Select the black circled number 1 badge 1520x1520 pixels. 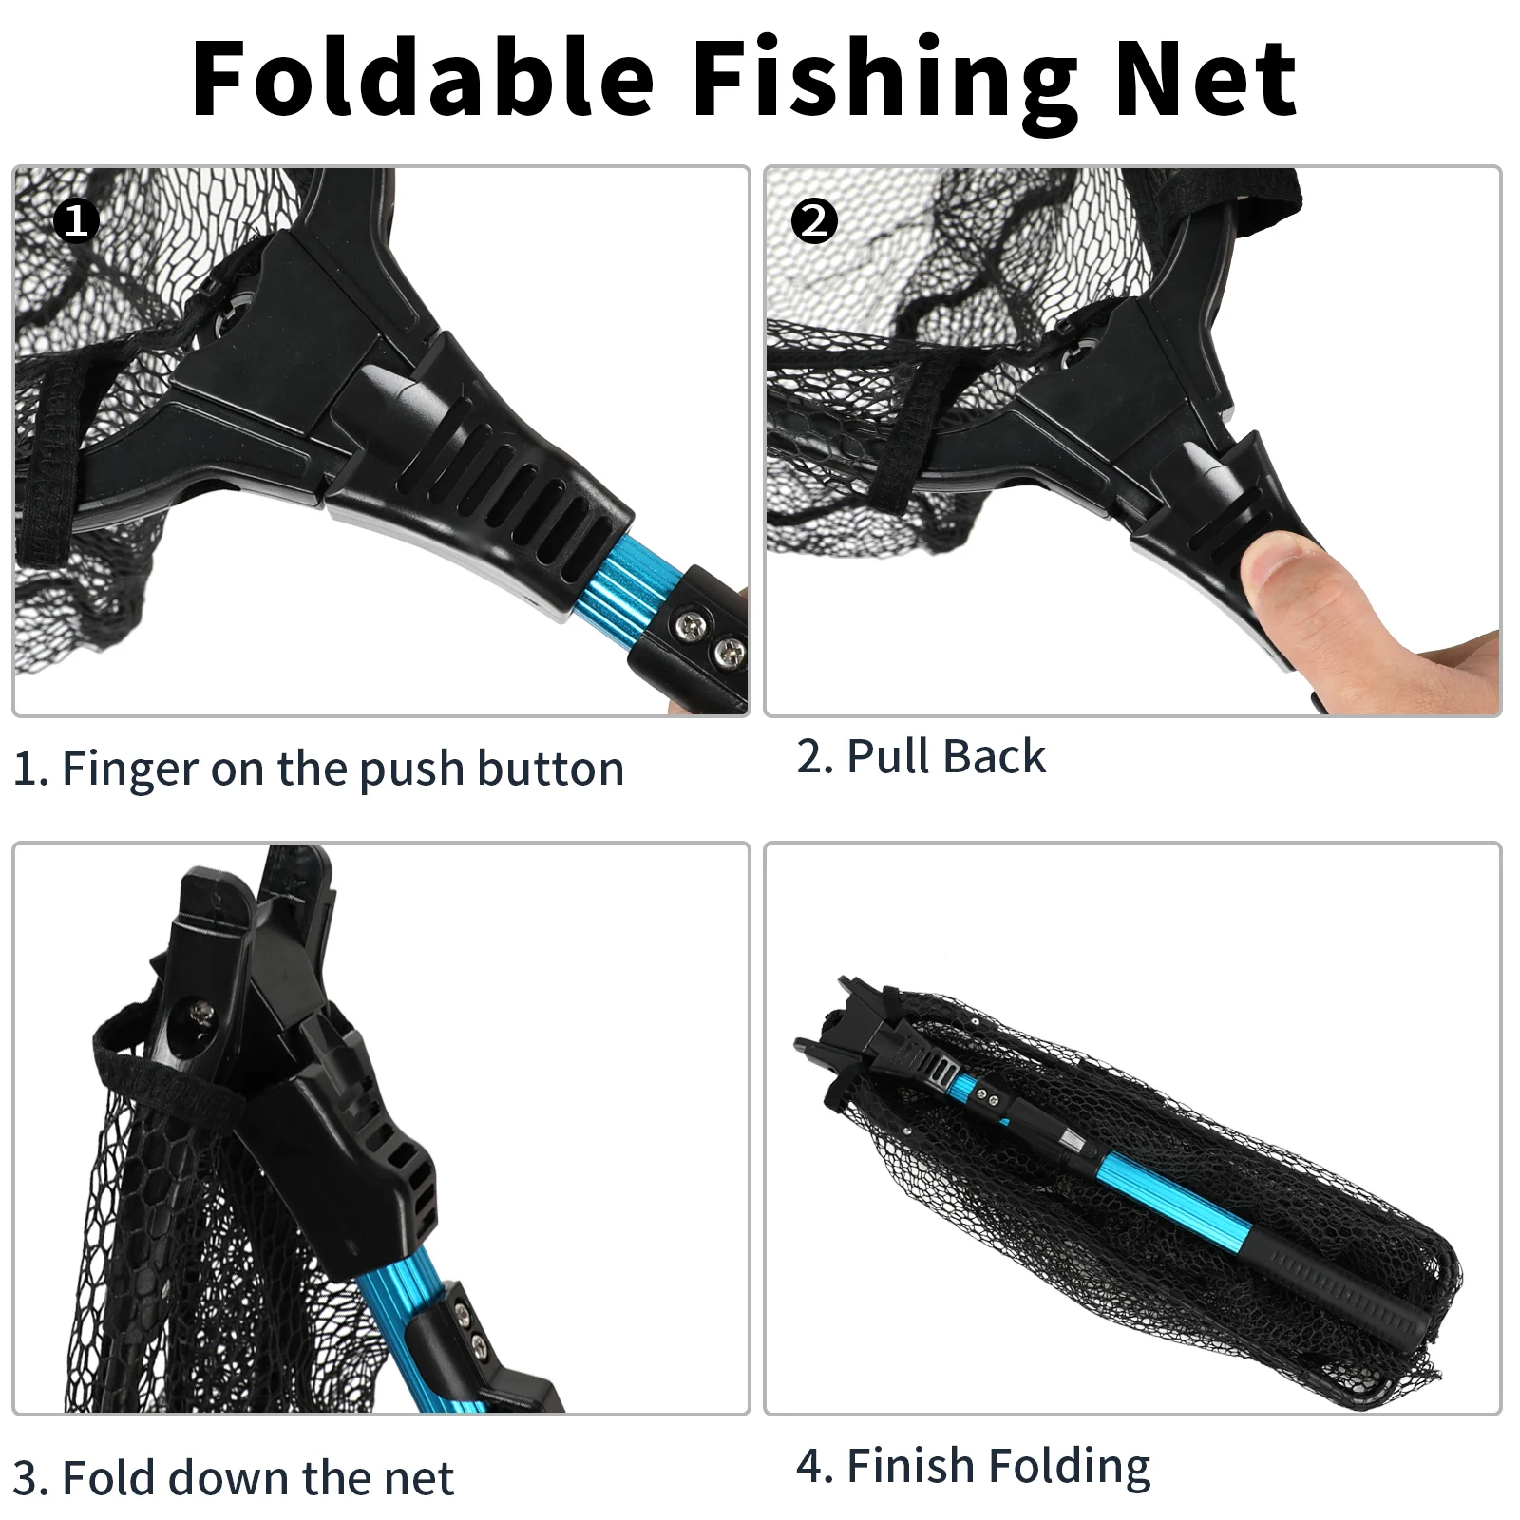(x=76, y=221)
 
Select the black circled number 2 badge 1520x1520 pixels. (x=815, y=221)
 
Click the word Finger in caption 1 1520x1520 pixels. (x=130, y=769)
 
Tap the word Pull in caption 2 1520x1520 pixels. (x=887, y=756)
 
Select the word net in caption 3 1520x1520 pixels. (x=419, y=1479)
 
